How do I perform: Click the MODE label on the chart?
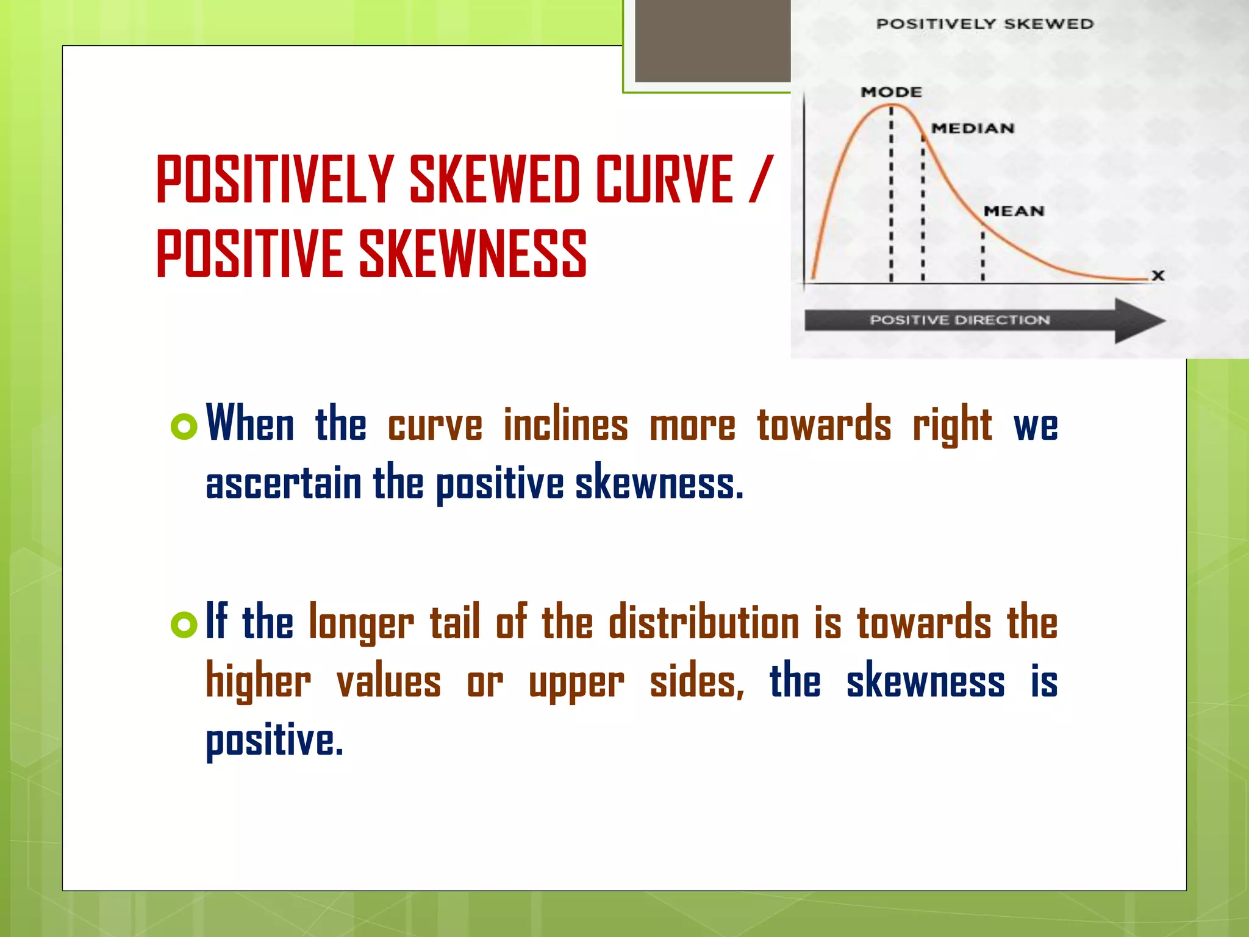pyautogui.click(x=891, y=92)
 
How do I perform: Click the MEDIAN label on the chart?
pyautogui.click(x=973, y=129)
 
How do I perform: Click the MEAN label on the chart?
pyautogui.click(x=1014, y=211)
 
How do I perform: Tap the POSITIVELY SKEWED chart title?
pyautogui.click(x=985, y=24)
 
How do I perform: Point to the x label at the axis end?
pyautogui.click(x=1158, y=275)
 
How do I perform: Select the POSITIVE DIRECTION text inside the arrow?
pyautogui.click(x=959, y=320)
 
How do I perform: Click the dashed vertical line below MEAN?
pyautogui.click(x=982, y=256)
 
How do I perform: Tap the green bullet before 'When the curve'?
pyautogui.click(x=184, y=426)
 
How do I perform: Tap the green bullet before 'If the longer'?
pyautogui.click(x=184, y=624)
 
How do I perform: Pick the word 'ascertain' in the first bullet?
pyautogui.click(x=284, y=484)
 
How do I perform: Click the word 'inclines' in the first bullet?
pyautogui.click(x=565, y=425)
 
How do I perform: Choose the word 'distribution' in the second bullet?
pyautogui.click(x=704, y=623)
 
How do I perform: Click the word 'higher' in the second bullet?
pyautogui.click(x=258, y=682)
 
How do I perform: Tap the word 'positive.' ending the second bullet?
pyautogui.click(x=274, y=741)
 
